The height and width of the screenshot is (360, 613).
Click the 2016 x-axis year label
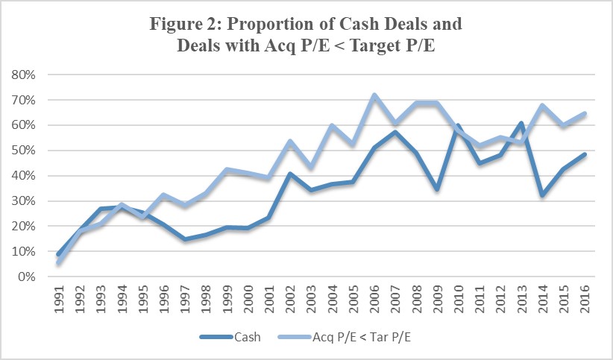pos(583,299)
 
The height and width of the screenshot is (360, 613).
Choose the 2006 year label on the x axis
pos(374,299)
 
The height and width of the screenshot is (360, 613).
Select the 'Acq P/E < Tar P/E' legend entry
pos(343,338)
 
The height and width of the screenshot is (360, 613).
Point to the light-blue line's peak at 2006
pos(374,95)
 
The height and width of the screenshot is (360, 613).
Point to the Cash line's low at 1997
pos(185,239)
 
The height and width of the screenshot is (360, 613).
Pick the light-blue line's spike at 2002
pos(290,141)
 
